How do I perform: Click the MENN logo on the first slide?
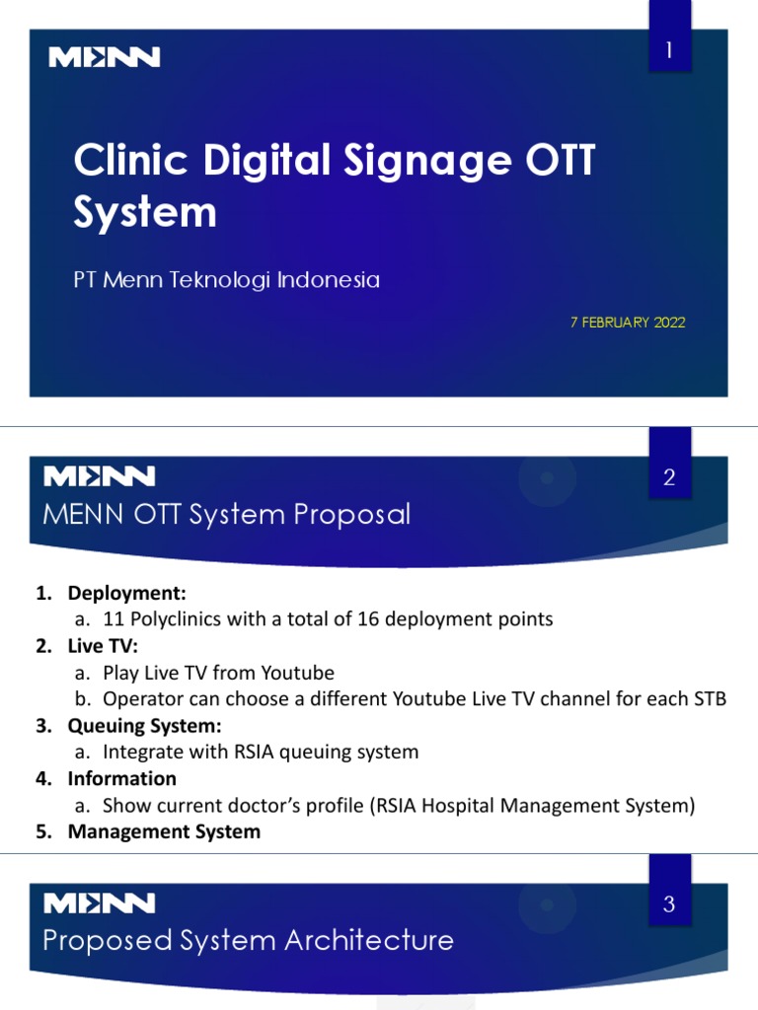click(105, 58)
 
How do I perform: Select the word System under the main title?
click(145, 212)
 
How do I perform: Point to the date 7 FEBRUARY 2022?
click(628, 323)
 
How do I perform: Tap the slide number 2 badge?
click(669, 479)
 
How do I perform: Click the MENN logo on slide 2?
click(100, 477)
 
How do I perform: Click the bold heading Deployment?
click(126, 593)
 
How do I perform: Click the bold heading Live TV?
click(103, 646)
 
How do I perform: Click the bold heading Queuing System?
click(144, 726)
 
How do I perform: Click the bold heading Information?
click(121, 778)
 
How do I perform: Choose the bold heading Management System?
click(164, 831)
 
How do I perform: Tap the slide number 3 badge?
click(669, 903)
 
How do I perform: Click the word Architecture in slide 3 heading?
click(369, 940)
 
